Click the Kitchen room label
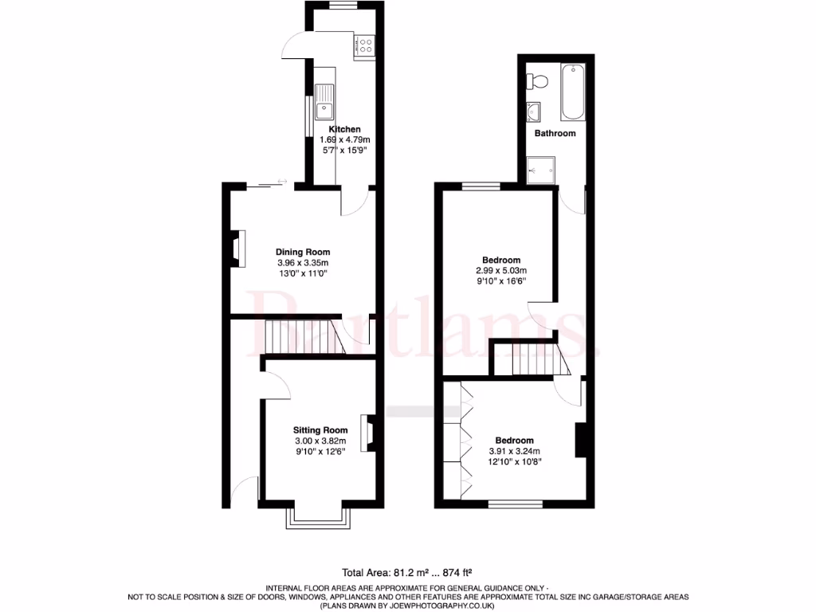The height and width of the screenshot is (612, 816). coord(345,129)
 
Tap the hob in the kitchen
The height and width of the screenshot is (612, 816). coord(365,45)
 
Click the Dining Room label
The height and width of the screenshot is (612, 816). coord(303,253)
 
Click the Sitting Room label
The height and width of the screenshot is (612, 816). coord(320,430)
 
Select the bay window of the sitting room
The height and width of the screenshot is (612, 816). coord(317,518)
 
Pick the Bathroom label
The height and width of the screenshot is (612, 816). coord(555,133)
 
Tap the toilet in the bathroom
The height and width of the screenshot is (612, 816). coord(537,81)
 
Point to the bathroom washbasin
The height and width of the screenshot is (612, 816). coord(533,111)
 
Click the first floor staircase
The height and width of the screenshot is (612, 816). coord(532,359)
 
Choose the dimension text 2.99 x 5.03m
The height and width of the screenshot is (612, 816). coord(501,271)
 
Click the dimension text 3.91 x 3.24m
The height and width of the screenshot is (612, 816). coord(514,451)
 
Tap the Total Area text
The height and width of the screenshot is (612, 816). coord(407,572)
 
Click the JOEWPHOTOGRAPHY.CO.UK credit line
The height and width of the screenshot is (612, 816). coord(407,606)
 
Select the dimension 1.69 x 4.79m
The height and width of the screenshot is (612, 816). coord(345,140)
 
